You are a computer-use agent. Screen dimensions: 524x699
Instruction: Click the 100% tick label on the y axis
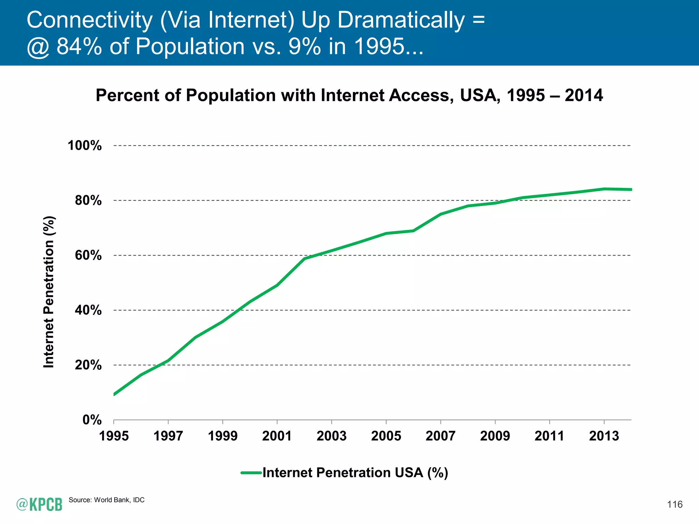tap(85, 146)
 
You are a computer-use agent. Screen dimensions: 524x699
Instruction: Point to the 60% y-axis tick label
tap(88, 255)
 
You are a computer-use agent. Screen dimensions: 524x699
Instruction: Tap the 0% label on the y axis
tap(92, 420)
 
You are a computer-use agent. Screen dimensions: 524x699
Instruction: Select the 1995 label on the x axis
tap(114, 436)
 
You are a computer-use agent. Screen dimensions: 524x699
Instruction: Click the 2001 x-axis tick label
tap(277, 436)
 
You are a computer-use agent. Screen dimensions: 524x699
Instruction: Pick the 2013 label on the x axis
tap(604, 436)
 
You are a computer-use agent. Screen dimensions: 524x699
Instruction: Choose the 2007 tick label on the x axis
tap(440, 436)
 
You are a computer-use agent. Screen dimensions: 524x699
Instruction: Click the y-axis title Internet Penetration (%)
tap(49, 292)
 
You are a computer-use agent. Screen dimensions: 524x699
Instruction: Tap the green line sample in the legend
tap(252, 473)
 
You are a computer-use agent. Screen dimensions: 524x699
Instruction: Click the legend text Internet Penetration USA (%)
tap(355, 473)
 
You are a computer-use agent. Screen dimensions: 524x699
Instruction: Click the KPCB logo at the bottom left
tap(39, 504)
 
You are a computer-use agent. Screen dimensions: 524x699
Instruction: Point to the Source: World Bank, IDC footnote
tap(106, 500)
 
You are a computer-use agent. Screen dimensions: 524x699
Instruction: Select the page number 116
tap(675, 505)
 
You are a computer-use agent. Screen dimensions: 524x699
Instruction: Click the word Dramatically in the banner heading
tap(401, 20)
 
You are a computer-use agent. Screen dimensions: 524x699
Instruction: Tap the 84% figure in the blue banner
tap(79, 46)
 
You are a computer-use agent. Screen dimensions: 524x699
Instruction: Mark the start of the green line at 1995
tap(114, 394)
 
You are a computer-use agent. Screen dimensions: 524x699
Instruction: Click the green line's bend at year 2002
tap(304, 258)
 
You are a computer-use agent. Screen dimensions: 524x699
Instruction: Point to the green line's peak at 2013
tap(604, 189)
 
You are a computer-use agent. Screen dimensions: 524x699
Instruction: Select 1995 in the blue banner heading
tap(379, 46)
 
